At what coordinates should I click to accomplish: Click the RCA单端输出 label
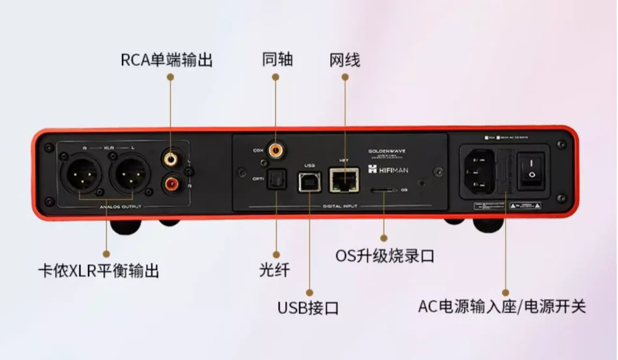point(167,60)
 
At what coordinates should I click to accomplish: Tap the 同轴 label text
point(278,60)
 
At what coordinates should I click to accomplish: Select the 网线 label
point(345,60)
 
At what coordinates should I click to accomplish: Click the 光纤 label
point(274,269)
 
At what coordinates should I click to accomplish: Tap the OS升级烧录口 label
point(385,255)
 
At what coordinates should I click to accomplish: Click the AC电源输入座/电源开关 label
point(502,306)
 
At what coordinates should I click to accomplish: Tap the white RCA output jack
point(171,158)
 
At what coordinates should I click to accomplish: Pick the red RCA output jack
point(171,185)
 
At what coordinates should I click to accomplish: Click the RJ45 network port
point(343,179)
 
